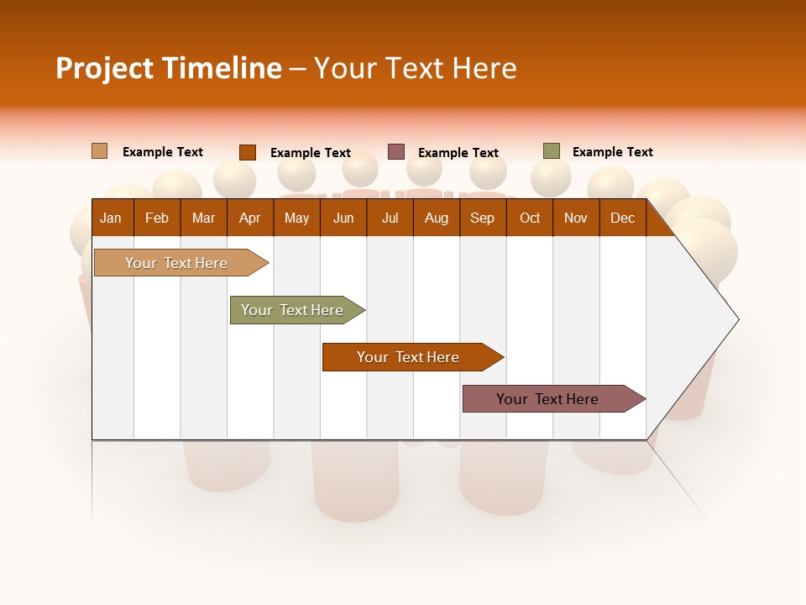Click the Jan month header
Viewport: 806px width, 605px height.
coord(111,218)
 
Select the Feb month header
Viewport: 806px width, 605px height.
coord(157,218)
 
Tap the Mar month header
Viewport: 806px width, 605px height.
coord(203,218)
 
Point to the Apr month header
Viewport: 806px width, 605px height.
coord(249,218)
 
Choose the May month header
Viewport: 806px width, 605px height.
coord(296,218)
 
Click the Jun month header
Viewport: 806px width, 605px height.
coord(343,218)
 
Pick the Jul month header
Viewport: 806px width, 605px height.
coord(390,218)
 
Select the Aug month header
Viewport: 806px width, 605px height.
coord(437,218)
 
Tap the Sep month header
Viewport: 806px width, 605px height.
coord(483,218)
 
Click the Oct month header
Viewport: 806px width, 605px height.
coord(530,218)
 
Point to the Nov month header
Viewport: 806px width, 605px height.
coord(576,218)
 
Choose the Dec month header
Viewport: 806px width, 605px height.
coord(623,218)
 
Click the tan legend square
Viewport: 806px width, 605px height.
coord(100,151)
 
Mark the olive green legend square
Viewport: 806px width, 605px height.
coord(552,151)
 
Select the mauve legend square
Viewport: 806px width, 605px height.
coord(396,152)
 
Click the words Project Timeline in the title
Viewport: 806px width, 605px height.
coord(169,68)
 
